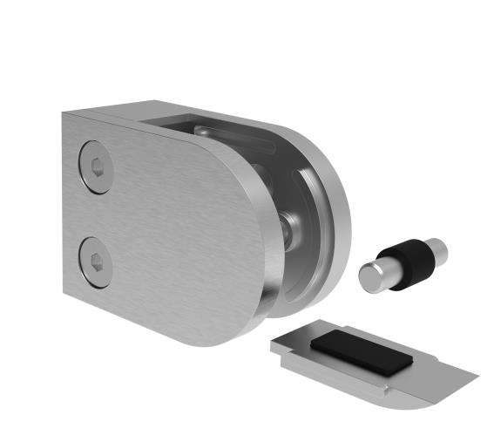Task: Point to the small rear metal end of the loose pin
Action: [x=439, y=250]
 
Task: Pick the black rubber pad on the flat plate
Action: [x=357, y=350]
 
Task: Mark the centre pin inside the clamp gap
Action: [x=291, y=228]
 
